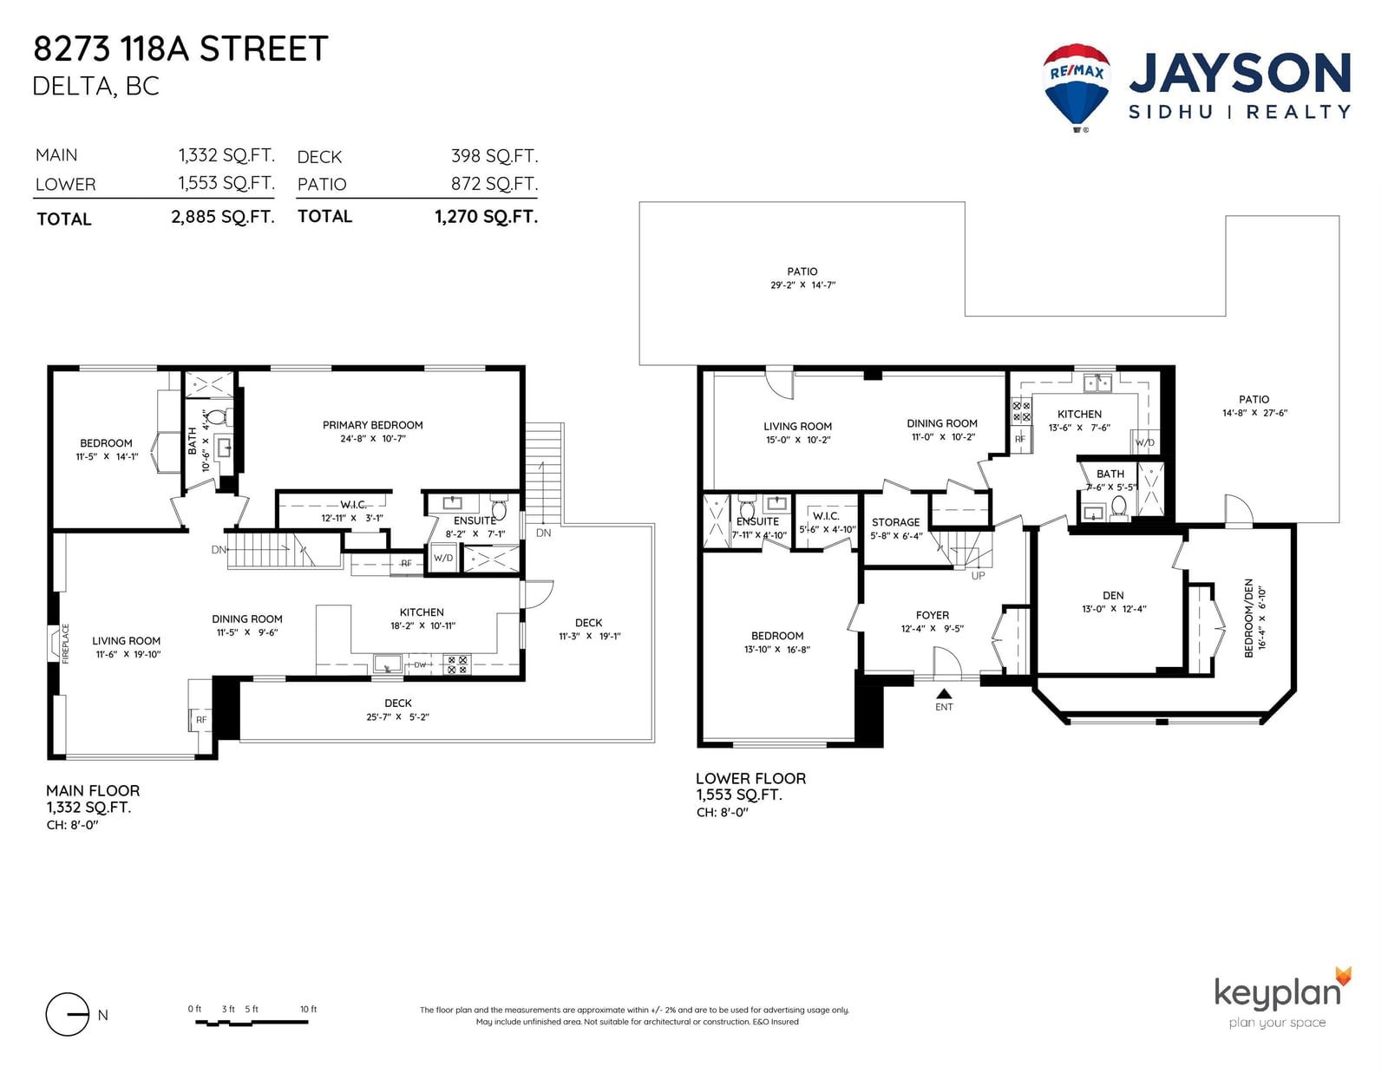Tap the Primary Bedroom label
point(372,425)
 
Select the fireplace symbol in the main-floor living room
point(57,643)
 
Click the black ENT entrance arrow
point(944,693)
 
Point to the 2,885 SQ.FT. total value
point(223,217)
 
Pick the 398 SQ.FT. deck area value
point(494,156)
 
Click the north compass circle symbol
point(67,1014)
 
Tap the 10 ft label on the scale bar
point(309,1009)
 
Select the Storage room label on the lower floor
point(895,522)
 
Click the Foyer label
point(933,615)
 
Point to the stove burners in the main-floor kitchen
point(457,664)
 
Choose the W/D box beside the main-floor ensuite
point(443,559)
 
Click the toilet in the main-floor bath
point(219,417)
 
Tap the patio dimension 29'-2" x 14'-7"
point(803,285)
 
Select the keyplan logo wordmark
point(1278,994)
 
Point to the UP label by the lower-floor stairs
point(978,575)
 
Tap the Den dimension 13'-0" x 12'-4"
point(1114,609)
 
